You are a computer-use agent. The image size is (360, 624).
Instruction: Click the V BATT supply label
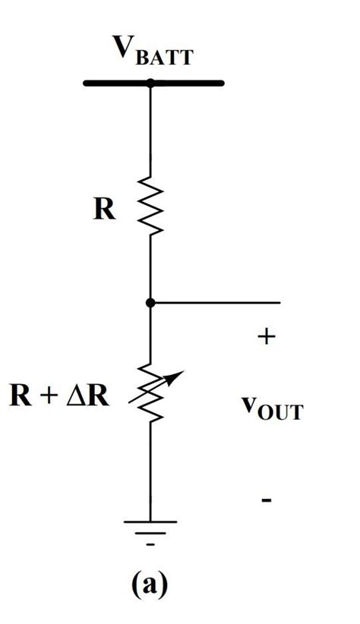pos(153,52)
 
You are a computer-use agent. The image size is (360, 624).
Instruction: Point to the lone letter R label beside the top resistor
pos(105,210)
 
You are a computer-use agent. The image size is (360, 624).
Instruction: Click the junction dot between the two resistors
pos(150,302)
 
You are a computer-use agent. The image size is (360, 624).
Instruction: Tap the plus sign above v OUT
pos(266,337)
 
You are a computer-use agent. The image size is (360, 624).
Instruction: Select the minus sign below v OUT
pos(267,500)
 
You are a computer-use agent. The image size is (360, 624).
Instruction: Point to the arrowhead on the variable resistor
pos(176,375)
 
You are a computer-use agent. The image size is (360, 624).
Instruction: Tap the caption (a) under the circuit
pos(149,585)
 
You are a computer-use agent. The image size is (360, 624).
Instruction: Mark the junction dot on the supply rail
pos(150,83)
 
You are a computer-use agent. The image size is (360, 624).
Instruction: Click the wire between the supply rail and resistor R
pos(150,133)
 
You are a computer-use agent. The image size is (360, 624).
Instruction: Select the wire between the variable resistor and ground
pos(150,471)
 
